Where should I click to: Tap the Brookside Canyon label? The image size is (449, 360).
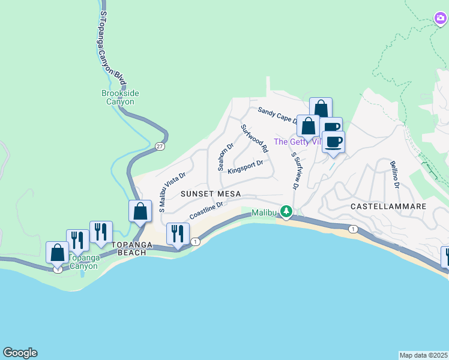tap(120, 98)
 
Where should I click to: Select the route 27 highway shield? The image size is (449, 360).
tap(159, 146)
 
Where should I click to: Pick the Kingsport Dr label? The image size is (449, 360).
tap(246, 164)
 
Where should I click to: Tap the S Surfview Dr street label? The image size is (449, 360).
tap(295, 171)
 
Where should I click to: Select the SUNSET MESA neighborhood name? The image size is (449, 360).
tap(211, 194)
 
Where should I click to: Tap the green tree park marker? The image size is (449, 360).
tap(287, 211)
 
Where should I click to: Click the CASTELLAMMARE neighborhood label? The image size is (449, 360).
tap(388, 206)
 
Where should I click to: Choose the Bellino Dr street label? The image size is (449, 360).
tap(394, 174)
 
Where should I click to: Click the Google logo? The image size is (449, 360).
tap(20, 353)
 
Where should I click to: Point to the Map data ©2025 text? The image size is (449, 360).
tap(424, 355)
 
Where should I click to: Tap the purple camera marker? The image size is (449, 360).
tap(441, 19)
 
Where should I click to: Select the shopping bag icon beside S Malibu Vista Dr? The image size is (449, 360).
tap(140, 211)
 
